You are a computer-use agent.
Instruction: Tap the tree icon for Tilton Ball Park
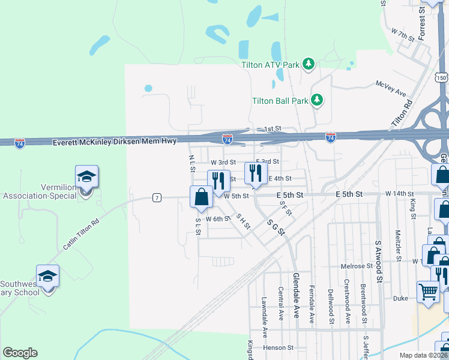click(x=317, y=100)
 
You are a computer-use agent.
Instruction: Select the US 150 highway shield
click(x=442, y=78)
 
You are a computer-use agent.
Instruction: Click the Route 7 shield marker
click(x=157, y=197)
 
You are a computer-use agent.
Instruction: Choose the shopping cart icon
click(x=428, y=292)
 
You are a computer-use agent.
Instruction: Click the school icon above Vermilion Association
click(x=86, y=176)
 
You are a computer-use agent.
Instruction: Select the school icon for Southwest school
click(x=47, y=276)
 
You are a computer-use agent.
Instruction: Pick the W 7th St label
click(x=403, y=34)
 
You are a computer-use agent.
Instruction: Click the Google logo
click(x=20, y=353)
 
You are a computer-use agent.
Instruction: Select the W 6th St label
click(x=218, y=219)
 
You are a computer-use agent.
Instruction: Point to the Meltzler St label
click(x=398, y=247)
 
